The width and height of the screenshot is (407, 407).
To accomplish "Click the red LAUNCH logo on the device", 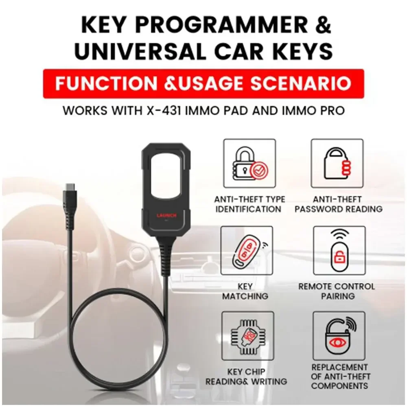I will tap(166, 216).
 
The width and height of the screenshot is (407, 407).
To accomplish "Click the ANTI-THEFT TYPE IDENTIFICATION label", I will tap(249, 204).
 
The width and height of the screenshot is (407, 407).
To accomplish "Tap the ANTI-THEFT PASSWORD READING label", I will tap(339, 204).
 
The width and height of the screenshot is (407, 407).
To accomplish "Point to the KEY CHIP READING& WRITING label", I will tap(246, 377).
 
